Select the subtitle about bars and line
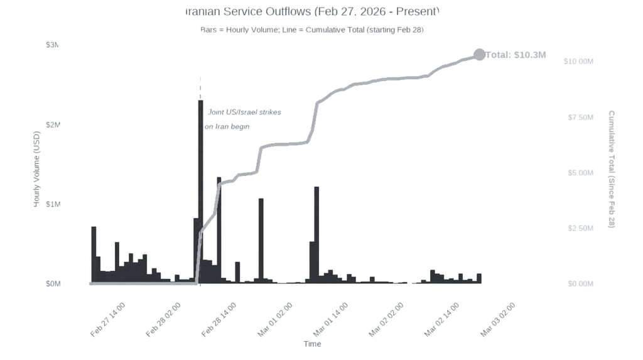pyautogui.click(x=312, y=30)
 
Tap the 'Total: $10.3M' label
pyautogui.click(x=516, y=55)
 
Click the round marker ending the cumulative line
pyautogui.click(x=479, y=55)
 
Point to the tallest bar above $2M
pyautogui.click(x=200, y=188)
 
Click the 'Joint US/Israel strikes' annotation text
pyautogui.click(x=244, y=112)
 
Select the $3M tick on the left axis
pyautogui.click(x=53, y=45)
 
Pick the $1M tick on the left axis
pyautogui.click(x=53, y=204)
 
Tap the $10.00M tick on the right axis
pyautogui.click(x=578, y=61)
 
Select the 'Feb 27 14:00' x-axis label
pyautogui.click(x=108, y=319)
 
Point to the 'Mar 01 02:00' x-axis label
pyautogui.click(x=275, y=319)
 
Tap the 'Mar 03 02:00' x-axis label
pyautogui.click(x=498, y=319)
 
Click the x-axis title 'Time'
pyautogui.click(x=312, y=344)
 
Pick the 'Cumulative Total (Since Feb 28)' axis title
pyautogui.click(x=612, y=169)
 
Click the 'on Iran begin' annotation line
pyautogui.click(x=227, y=126)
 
